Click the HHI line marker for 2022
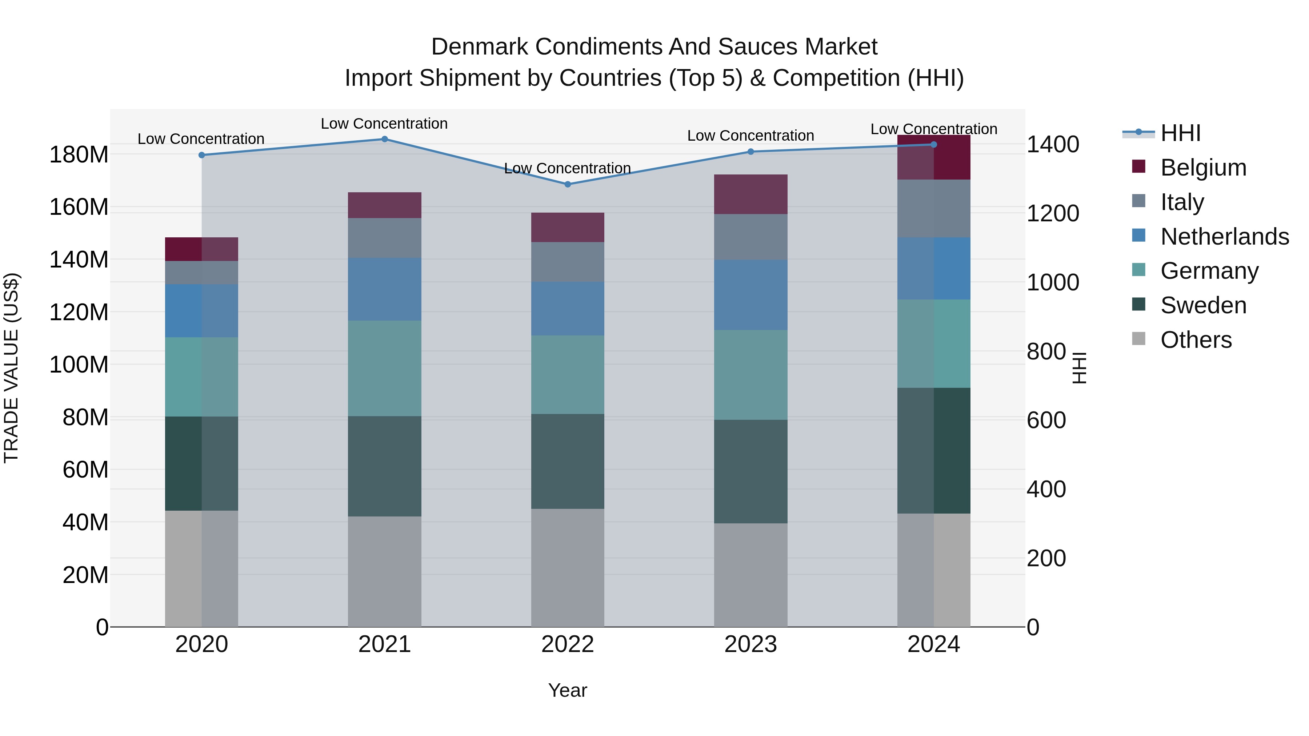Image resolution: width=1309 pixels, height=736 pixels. tap(568, 184)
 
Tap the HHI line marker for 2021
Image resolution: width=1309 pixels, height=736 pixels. tap(385, 139)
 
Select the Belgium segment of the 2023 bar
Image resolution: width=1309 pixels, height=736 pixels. tap(750, 194)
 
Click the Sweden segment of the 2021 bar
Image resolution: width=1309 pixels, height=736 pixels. tap(385, 466)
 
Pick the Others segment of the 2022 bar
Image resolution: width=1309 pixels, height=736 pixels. tap(568, 568)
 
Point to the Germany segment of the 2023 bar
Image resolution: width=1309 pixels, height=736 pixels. tap(750, 375)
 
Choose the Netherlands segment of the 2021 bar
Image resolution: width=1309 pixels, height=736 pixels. tap(385, 289)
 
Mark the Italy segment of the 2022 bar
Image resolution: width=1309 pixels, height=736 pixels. tap(568, 262)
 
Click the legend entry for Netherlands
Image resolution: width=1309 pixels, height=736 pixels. tap(1224, 237)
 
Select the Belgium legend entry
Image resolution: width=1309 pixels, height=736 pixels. tap(1203, 168)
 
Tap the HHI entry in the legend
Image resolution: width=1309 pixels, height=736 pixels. tap(1180, 133)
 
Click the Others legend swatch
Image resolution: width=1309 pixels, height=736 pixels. tap(1139, 339)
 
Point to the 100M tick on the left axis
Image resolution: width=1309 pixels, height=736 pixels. tap(79, 365)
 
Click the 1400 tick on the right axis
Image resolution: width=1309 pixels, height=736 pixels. tap(1052, 144)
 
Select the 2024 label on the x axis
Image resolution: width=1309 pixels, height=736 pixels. tap(933, 644)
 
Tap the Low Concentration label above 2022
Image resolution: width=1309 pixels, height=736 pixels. tap(567, 168)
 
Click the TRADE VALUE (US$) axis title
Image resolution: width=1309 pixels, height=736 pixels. tap(11, 368)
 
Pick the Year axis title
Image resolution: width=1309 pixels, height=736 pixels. tap(567, 690)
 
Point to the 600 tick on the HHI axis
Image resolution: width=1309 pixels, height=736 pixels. tap(1046, 421)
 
